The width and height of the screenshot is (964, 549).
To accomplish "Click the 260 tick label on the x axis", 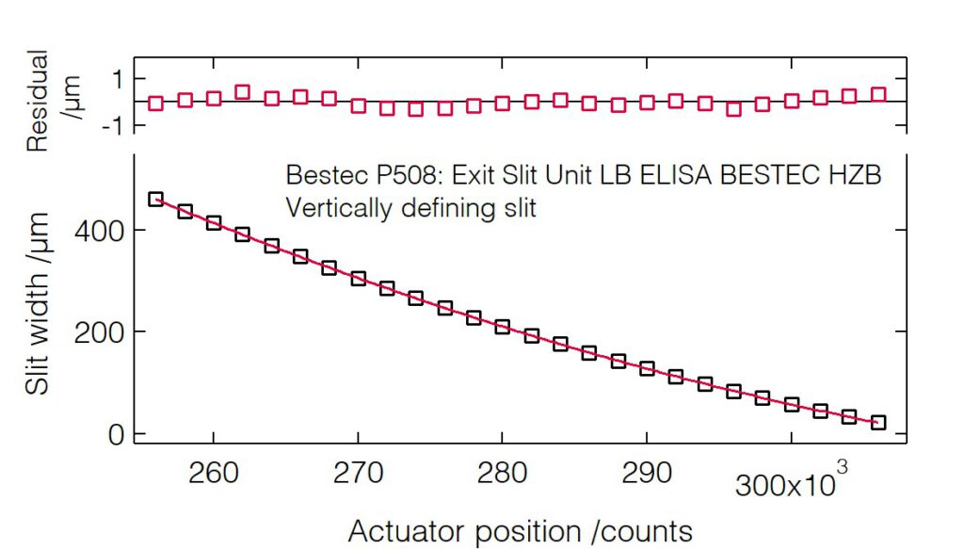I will pyautogui.click(x=214, y=472).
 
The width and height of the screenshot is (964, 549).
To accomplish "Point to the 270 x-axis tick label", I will pyautogui.click(x=358, y=472).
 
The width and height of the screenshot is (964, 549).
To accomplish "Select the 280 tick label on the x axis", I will pyautogui.click(x=502, y=472).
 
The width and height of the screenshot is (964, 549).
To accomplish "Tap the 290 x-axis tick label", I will pyautogui.click(x=647, y=472).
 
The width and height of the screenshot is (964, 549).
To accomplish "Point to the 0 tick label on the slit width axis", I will pyautogui.click(x=115, y=434).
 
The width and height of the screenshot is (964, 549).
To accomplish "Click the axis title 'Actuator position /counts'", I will pyautogui.click(x=521, y=531).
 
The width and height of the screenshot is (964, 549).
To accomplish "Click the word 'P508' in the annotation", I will pyautogui.click(x=393, y=176).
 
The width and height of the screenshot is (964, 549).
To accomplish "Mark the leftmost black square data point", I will pyautogui.click(x=156, y=199).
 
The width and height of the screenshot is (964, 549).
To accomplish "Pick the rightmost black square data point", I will pyautogui.click(x=878, y=423).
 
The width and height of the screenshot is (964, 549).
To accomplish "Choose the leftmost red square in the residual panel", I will pyautogui.click(x=156, y=104).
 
